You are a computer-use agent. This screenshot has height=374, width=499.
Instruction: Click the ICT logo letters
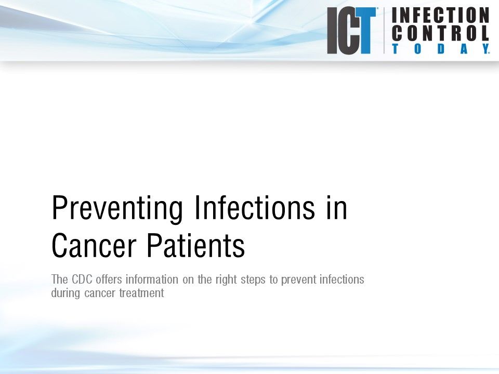[351, 31]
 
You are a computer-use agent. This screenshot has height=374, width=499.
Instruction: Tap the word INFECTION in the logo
[440, 15]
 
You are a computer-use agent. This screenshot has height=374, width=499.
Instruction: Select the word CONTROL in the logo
[440, 33]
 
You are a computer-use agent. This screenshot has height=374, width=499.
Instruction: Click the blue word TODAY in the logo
[440, 49]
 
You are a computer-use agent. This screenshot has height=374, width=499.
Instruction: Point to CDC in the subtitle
[80, 279]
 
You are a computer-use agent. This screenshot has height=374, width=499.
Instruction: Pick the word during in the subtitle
[65, 292]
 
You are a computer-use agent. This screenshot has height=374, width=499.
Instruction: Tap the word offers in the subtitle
[108, 279]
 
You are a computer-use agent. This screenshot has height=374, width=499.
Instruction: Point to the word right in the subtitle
[227, 280]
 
